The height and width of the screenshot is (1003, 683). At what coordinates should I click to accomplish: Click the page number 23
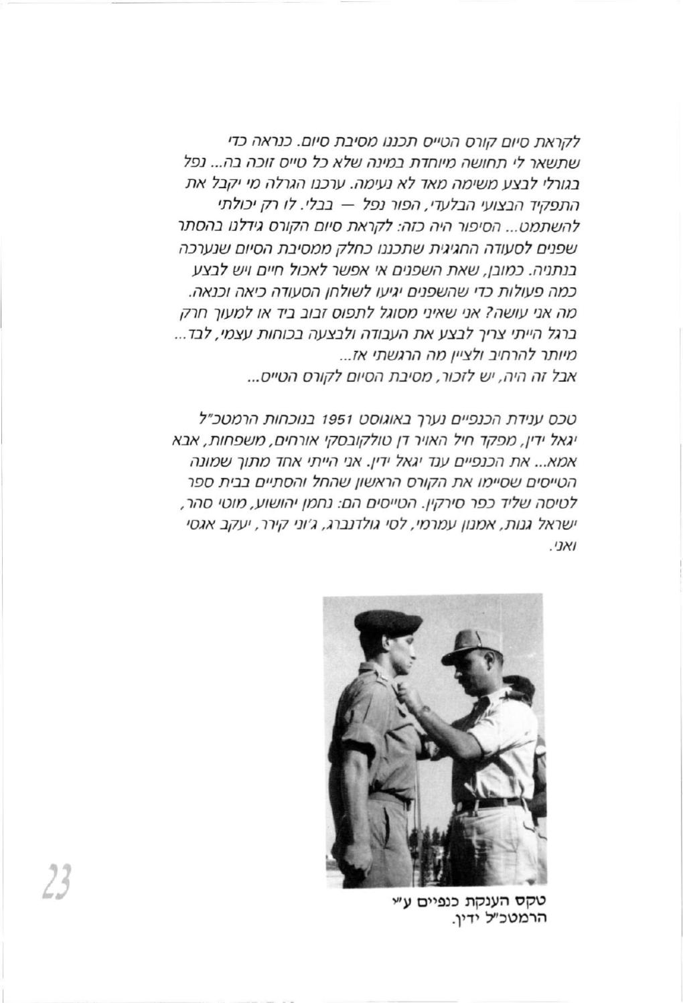tap(62, 883)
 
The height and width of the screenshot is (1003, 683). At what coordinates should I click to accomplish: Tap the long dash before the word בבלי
tap(297, 202)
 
